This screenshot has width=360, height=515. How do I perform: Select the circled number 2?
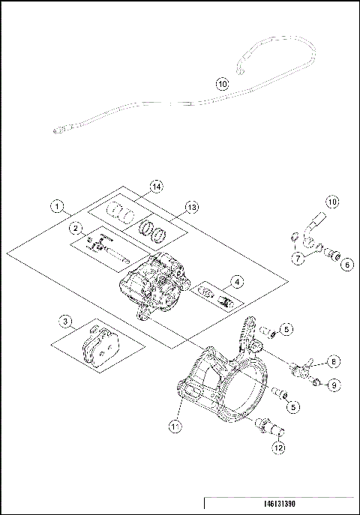coord(76,227)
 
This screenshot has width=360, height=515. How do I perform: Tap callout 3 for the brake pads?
coord(67,322)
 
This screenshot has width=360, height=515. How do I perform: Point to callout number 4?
coord(257,282)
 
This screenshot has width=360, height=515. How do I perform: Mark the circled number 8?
coord(334,361)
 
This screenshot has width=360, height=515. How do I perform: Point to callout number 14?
coord(156,185)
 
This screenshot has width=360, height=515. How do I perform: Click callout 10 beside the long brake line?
coord(221,85)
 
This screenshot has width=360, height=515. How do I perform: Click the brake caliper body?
coord(163,286)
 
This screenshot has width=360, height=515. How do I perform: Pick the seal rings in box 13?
coord(154,232)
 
